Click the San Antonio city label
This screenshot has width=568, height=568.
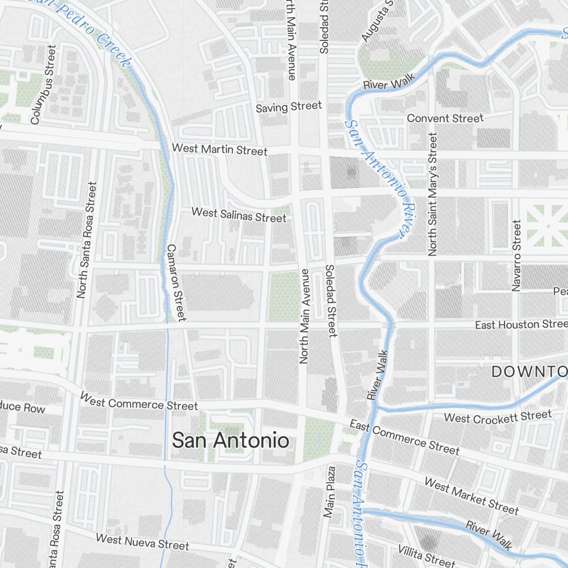click(x=230, y=440)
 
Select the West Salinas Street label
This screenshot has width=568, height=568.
click(x=239, y=215)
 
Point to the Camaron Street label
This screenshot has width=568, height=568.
click(x=176, y=282)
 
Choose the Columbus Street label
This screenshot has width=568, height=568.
click(x=43, y=85)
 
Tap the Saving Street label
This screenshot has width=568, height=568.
click(x=289, y=107)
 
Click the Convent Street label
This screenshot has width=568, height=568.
click(x=445, y=118)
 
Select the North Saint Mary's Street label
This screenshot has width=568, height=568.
click(x=433, y=194)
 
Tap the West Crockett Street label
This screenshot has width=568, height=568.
click(x=498, y=417)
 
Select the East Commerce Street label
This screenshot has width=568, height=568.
click(x=404, y=437)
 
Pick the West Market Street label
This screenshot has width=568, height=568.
click(x=471, y=496)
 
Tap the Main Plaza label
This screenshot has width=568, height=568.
click(x=330, y=492)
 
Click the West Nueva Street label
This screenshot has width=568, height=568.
click(x=142, y=541)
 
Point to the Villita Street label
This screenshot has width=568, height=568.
click(x=426, y=555)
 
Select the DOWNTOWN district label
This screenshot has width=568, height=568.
click(x=529, y=372)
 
